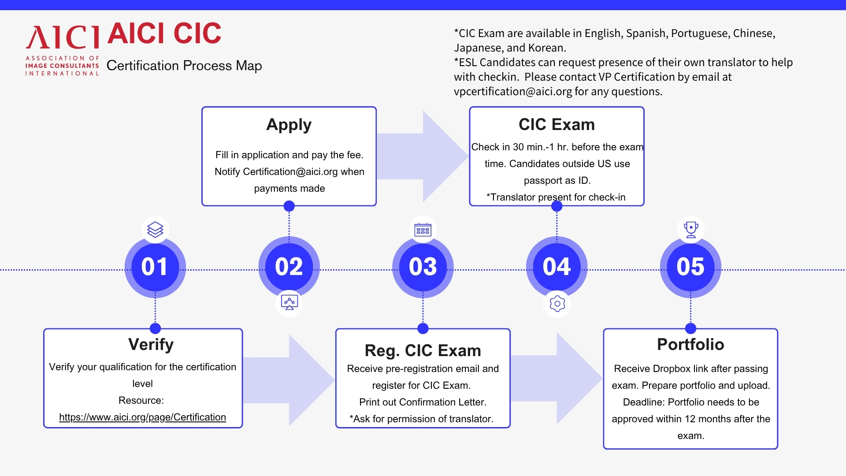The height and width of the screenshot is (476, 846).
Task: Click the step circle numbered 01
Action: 155,267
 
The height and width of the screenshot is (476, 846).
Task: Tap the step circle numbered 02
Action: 289,267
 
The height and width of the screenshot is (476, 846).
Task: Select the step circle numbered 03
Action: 423,267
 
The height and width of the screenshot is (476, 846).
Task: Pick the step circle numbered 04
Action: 557,267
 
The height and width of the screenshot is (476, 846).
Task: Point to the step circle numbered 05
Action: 690,267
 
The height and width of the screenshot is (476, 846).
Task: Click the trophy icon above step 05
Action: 690,229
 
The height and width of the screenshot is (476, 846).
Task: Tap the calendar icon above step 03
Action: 423,229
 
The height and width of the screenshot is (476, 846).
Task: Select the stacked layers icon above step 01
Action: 155,229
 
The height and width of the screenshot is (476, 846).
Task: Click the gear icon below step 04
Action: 557,304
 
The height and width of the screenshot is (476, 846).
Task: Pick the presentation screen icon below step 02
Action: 289,303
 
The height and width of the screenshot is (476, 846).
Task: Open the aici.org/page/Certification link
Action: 142,417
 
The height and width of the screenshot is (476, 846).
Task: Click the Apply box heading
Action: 289,125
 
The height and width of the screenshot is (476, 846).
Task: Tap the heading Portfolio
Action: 690,344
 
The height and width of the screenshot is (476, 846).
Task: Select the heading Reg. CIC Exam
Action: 423,350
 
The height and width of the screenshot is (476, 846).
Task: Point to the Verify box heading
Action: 151,344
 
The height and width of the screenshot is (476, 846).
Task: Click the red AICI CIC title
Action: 164,33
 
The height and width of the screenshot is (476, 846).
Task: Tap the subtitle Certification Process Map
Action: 184,66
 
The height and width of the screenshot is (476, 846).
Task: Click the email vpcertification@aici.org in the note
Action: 513,91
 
